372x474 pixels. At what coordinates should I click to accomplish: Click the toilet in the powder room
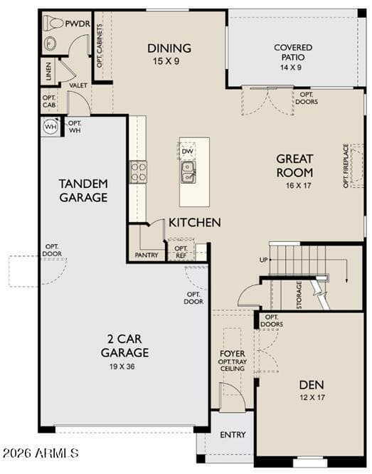(x=53, y=23)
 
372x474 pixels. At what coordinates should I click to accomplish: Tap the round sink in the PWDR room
(x=51, y=43)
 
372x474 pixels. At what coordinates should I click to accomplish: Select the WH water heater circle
(x=51, y=127)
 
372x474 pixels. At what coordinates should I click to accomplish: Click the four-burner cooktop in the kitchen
(x=139, y=172)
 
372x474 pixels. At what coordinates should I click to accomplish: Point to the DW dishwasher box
(x=187, y=151)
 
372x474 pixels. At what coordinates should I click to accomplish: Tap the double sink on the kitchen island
(x=188, y=172)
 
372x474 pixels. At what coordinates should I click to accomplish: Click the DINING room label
(x=169, y=48)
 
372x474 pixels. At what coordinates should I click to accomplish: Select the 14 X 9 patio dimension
(x=291, y=68)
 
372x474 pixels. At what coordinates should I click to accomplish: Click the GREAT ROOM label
(x=294, y=166)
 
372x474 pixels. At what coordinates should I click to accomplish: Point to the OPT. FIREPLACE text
(x=346, y=166)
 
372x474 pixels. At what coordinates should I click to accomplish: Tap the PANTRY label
(x=147, y=255)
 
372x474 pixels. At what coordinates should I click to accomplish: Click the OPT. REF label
(x=181, y=252)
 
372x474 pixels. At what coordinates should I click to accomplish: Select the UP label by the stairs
(x=263, y=260)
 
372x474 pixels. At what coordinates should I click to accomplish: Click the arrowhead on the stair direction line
(x=347, y=280)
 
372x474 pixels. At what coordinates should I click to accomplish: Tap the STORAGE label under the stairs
(x=299, y=295)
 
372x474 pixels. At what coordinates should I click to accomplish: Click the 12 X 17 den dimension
(x=312, y=398)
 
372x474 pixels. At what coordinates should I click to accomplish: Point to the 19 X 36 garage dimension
(x=122, y=367)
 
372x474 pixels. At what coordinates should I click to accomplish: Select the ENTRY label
(x=233, y=435)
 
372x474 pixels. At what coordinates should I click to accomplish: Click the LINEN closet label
(x=48, y=71)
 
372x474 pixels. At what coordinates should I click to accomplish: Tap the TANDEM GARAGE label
(x=83, y=191)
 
